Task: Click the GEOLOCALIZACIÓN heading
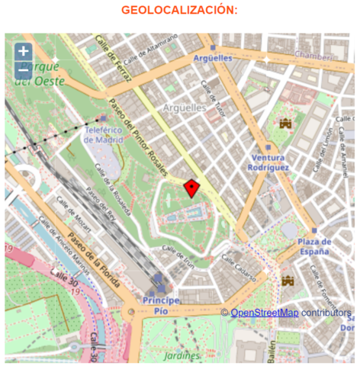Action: pos(179,10)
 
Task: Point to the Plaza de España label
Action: pos(314,247)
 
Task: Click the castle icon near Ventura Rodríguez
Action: pos(286,124)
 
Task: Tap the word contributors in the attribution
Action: pos(326,313)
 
